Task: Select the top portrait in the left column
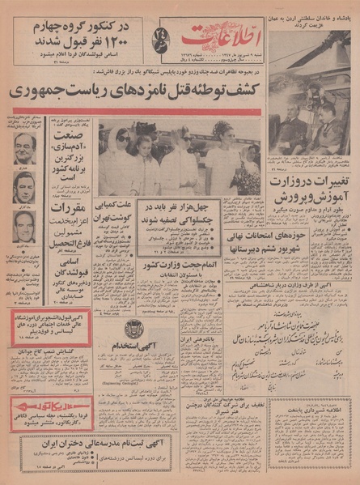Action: tap(24, 149)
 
